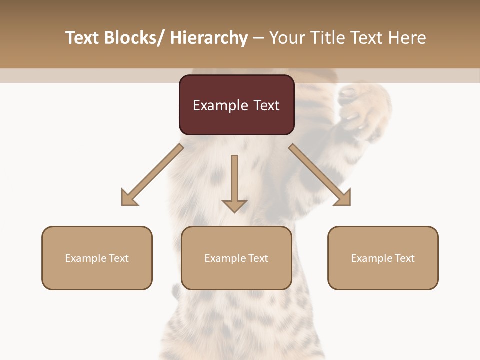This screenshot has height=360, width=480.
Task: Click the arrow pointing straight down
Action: [x=234, y=185]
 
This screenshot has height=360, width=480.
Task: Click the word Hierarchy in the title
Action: [x=209, y=38]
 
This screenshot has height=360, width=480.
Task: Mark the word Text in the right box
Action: [x=404, y=258]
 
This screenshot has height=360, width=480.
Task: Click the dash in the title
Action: [x=258, y=38]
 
